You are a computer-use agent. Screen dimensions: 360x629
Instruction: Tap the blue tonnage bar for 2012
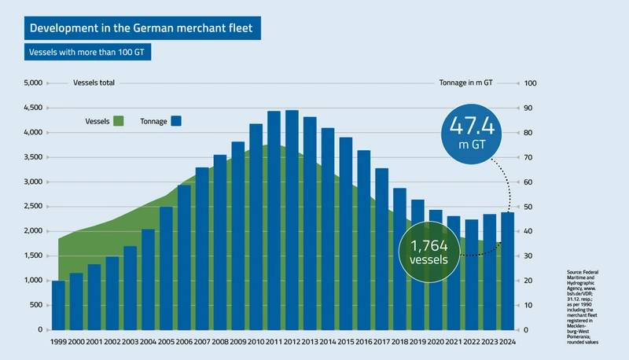click(x=292, y=220)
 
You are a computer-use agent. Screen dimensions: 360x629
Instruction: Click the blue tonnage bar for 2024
click(x=508, y=271)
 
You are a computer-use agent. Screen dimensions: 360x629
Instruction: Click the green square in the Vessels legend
click(x=119, y=121)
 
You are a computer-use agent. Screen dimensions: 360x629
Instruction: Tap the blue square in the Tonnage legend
click(x=176, y=121)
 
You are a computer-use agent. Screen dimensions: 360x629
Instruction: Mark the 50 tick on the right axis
click(x=528, y=207)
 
